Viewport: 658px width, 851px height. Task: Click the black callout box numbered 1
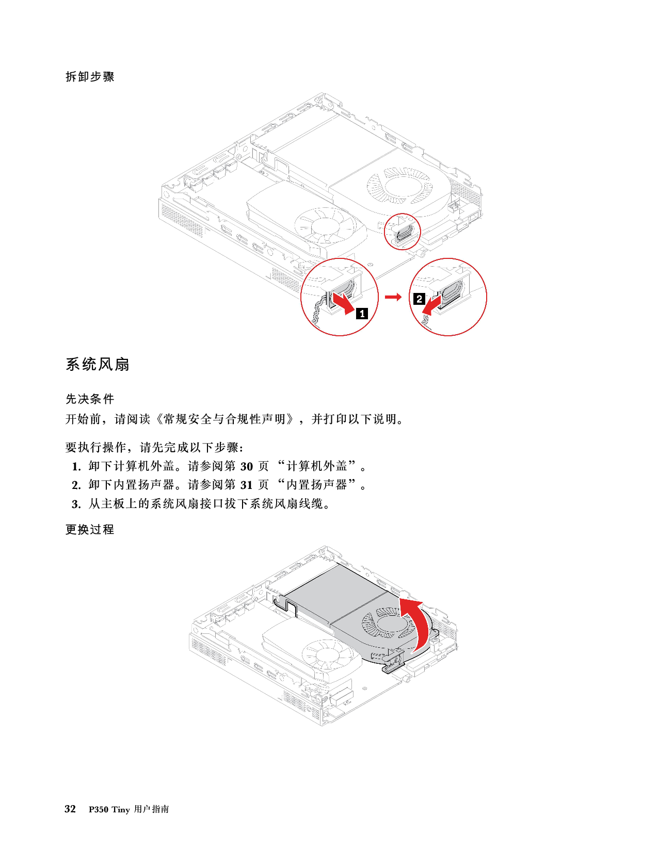tap(362, 313)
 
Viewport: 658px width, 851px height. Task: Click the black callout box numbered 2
tap(419, 299)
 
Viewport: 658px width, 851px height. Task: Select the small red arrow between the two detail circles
tap(393, 297)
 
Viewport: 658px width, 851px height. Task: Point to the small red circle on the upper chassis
tap(403, 232)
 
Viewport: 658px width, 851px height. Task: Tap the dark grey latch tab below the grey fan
tap(392, 665)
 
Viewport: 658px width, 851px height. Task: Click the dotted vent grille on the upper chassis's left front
tap(181, 222)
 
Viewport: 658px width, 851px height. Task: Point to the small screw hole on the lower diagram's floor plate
tap(365, 688)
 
